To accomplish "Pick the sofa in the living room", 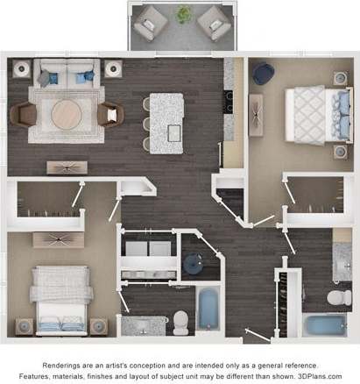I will point(66,75).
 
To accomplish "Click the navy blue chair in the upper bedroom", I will point(263,73).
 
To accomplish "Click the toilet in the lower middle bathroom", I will point(181,323).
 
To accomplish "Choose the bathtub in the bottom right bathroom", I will point(326,327).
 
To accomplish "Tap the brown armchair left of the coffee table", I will point(24,114).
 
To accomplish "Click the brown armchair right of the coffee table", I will point(110,114).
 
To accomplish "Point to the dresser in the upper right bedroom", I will point(256,115).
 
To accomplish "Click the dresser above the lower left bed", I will point(59,239).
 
